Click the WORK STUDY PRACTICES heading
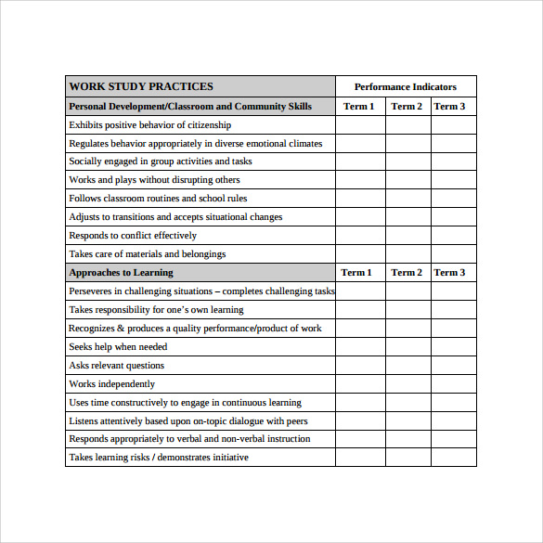[141, 86]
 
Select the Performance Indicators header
[406, 86]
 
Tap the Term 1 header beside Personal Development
[358, 106]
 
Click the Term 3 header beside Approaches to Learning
[449, 272]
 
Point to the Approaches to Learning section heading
[121, 272]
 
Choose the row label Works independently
[112, 383]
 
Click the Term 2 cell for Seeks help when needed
[407, 346]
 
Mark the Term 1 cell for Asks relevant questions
[360, 365]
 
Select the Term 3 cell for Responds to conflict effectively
[453, 236]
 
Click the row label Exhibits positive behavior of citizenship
[150, 124]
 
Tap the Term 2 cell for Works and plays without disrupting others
[407, 180]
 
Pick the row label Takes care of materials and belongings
[148, 253]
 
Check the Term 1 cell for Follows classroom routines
[360, 199]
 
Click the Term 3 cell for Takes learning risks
[453, 457]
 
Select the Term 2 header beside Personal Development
[407, 106]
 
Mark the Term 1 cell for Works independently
[360, 383]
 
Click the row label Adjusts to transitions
[175, 216]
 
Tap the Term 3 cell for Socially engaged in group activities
[453, 162]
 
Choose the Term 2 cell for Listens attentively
[407, 420]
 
